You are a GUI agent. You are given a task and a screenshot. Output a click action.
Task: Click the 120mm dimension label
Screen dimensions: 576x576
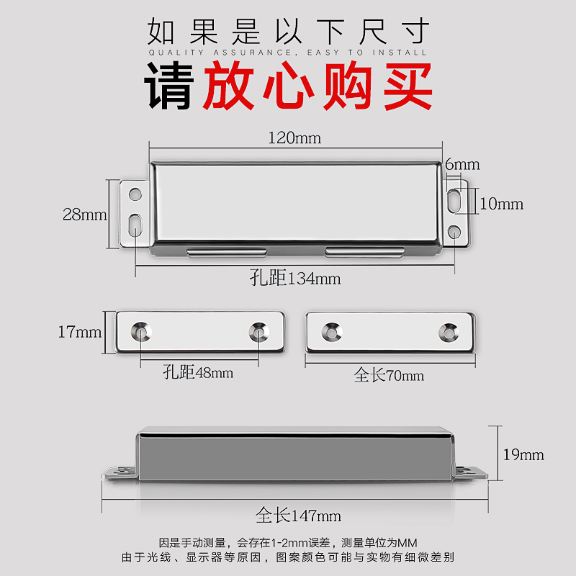[x=294, y=138]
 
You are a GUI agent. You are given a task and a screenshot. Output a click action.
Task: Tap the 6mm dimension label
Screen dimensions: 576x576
[x=462, y=164]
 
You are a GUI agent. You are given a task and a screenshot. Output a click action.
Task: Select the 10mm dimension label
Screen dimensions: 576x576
[x=501, y=204]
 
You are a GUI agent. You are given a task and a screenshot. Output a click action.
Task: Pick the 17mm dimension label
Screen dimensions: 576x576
[x=79, y=332]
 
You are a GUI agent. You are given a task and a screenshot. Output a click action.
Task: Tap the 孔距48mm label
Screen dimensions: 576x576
[x=198, y=373]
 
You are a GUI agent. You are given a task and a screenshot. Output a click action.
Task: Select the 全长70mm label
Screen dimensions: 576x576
[x=389, y=375]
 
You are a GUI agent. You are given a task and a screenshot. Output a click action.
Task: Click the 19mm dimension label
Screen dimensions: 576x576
[x=523, y=454]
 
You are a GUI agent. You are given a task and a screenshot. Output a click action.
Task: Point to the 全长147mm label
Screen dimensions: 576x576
[x=298, y=516]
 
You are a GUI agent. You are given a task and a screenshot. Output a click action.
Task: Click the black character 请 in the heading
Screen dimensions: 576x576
[x=170, y=86]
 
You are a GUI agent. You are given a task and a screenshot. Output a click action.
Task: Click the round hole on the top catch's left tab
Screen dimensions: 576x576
[x=134, y=194]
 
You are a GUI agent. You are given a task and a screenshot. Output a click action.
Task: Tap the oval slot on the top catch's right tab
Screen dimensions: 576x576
[x=454, y=199]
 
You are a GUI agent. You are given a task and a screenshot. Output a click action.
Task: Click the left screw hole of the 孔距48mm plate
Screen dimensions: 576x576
[x=140, y=332]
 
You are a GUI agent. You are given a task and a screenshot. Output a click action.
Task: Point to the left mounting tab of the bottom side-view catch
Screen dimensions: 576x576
[x=120, y=472]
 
